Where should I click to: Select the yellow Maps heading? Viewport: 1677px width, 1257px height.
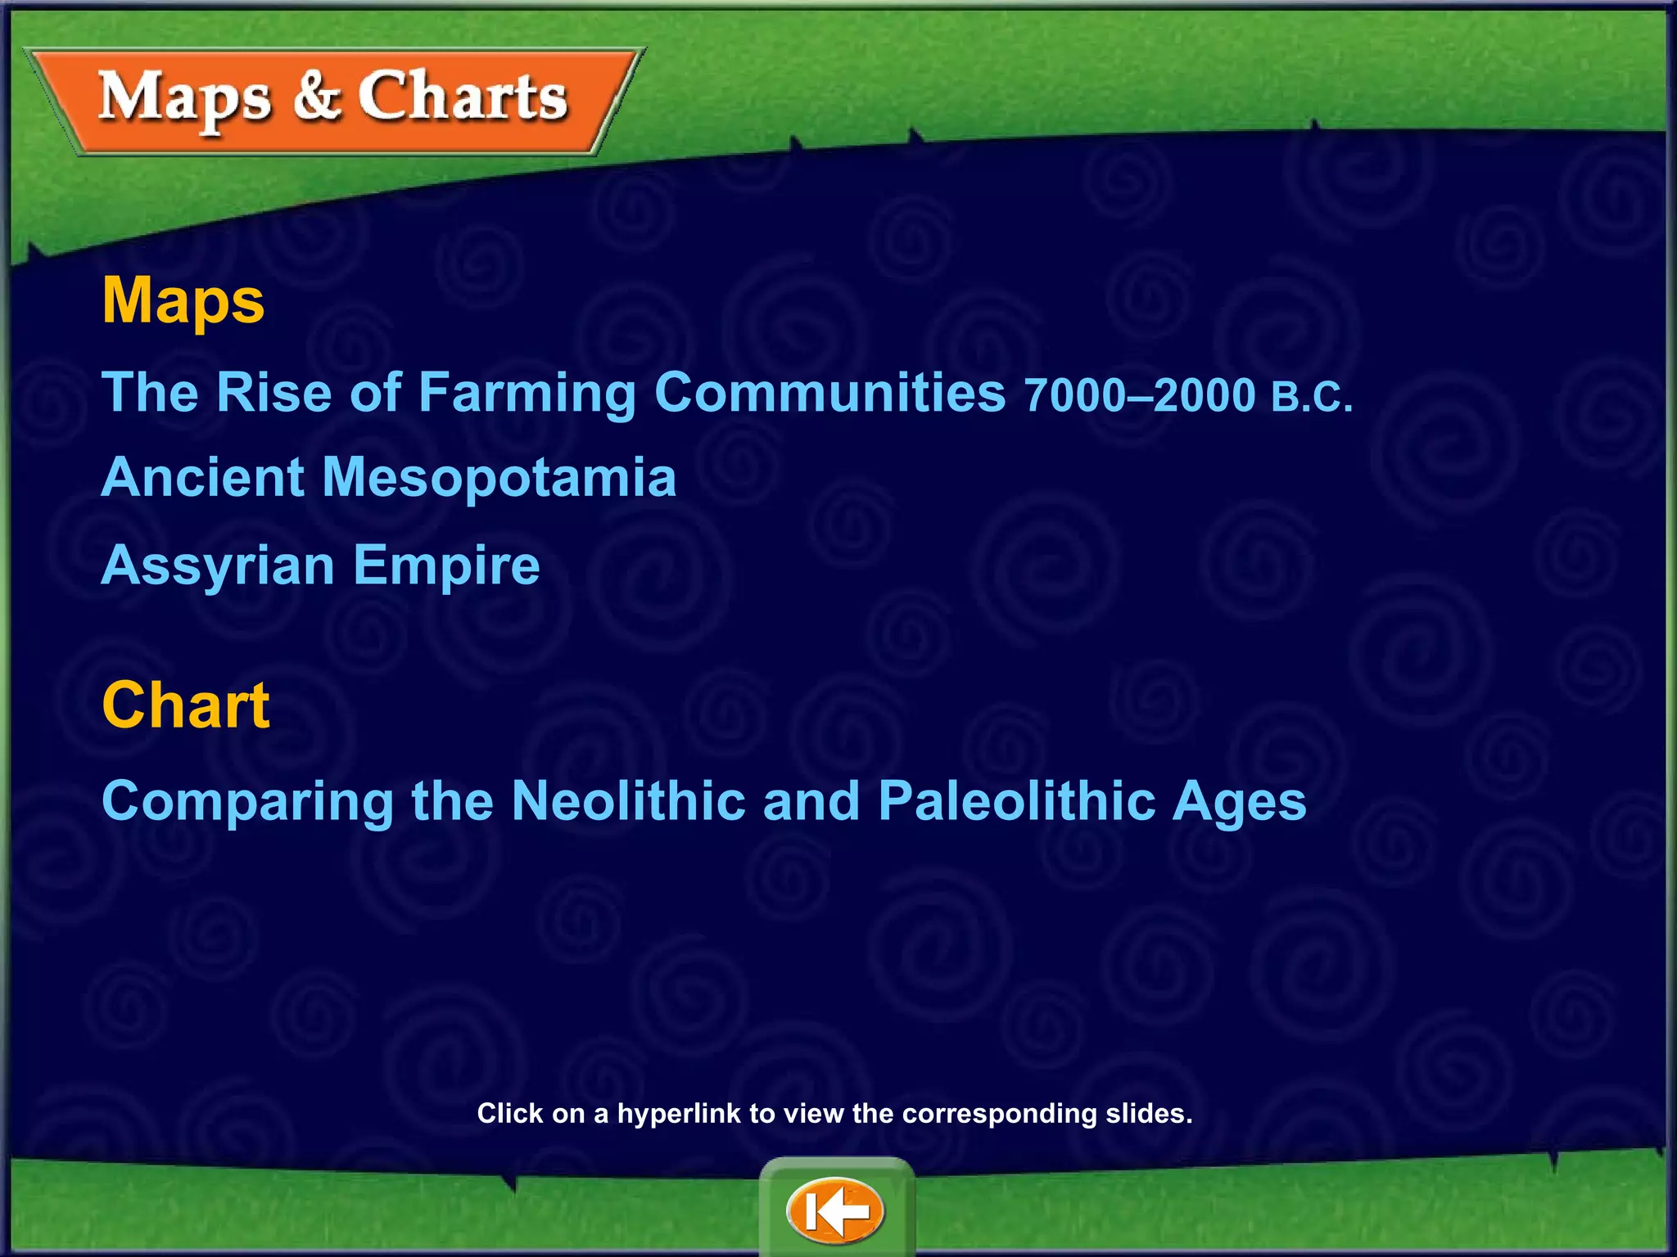tap(183, 301)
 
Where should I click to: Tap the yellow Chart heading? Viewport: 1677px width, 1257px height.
tap(186, 705)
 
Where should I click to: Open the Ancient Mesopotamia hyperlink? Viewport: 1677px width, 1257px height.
tap(389, 477)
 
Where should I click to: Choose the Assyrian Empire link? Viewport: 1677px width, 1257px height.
tap(320, 565)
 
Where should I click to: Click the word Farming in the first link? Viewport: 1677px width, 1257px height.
tap(527, 394)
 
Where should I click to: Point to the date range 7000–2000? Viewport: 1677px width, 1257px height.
tap(1139, 396)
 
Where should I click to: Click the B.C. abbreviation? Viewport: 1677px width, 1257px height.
tap(1312, 398)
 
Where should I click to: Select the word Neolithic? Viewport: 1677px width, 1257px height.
tap(628, 800)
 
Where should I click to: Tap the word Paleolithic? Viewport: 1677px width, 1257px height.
tap(1016, 800)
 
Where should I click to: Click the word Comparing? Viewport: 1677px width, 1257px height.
tap(247, 802)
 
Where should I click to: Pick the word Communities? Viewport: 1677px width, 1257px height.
tap(829, 393)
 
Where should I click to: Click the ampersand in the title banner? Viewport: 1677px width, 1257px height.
tap(315, 96)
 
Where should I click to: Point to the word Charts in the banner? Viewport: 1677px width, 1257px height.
tap(463, 97)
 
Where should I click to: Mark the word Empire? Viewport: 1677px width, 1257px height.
tap(446, 566)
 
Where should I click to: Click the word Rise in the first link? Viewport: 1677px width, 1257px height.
tap(274, 393)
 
